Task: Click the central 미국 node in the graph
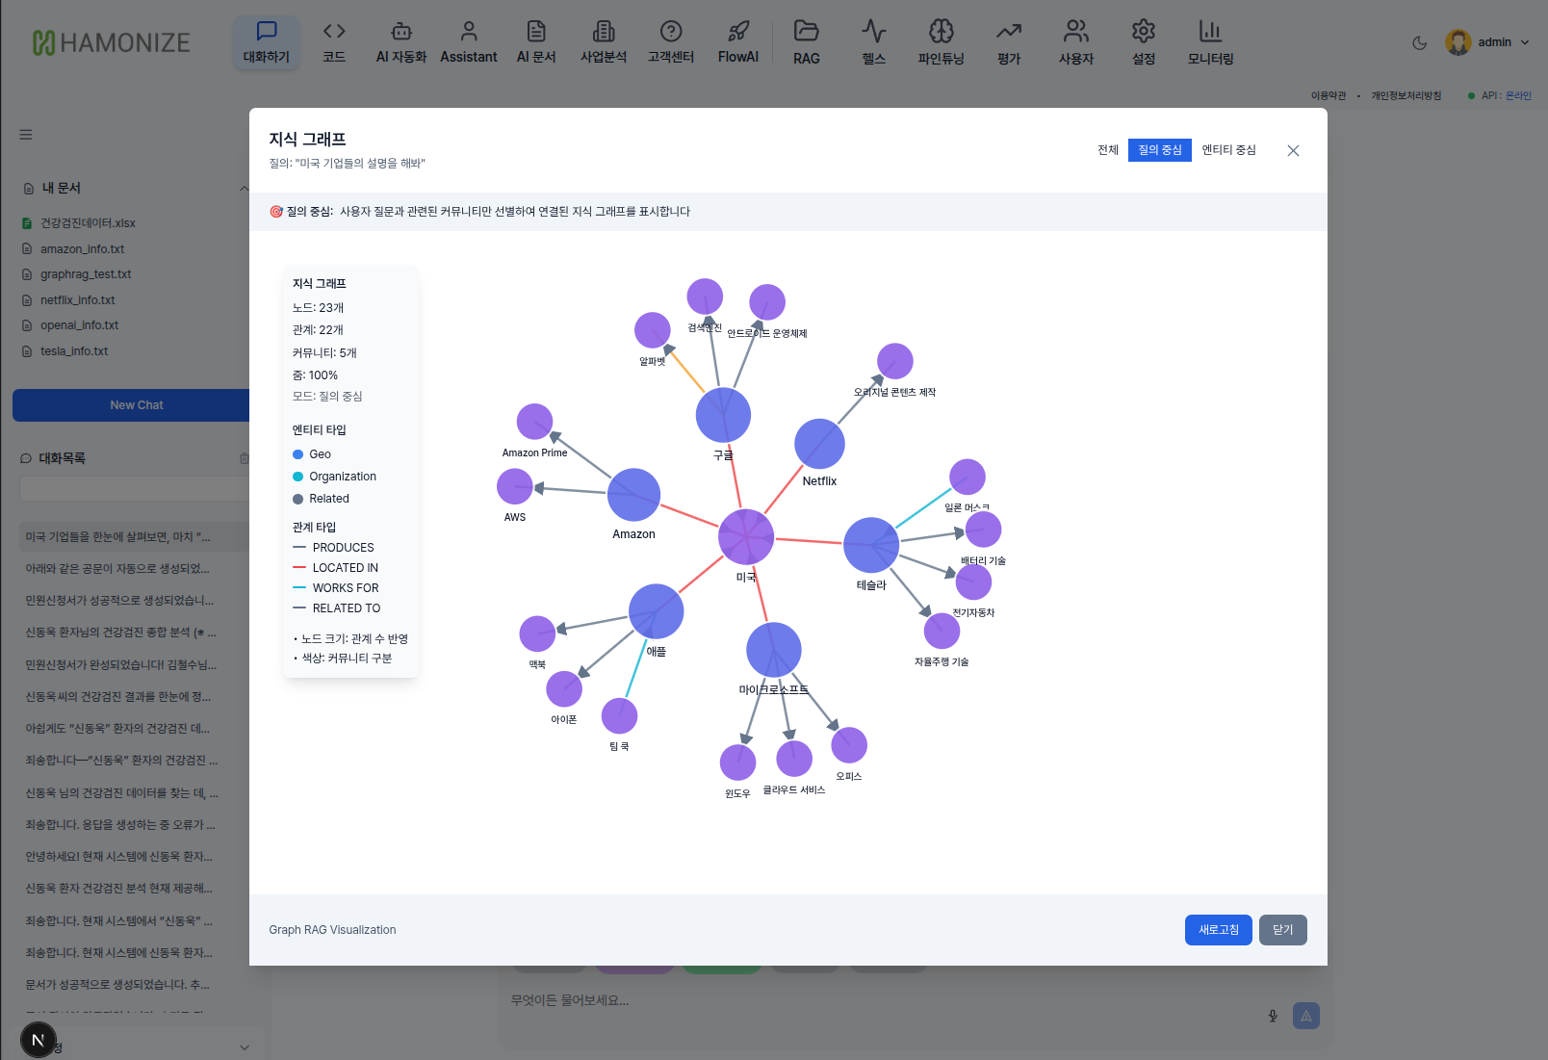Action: [x=746, y=536]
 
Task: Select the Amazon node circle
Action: [x=633, y=495]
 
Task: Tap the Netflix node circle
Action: [x=819, y=444]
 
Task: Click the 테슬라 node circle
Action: [x=871, y=545]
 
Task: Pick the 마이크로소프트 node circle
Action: [x=774, y=650]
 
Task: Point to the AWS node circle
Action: [x=515, y=486]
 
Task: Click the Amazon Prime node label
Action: [x=534, y=452]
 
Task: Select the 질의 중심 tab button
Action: [x=1159, y=150]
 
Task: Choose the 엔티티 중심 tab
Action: [x=1228, y=150]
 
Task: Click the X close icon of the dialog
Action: [x=1293, y=150]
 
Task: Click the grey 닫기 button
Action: [x=1282, y=930]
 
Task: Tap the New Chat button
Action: [x=136, y=405]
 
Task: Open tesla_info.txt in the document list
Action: [x=74, y=351]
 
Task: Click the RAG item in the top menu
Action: [x=807, y=43]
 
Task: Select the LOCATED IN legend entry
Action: [x=345, y=568]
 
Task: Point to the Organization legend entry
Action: [x=342, y=477]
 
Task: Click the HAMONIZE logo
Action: [x=112, y=42]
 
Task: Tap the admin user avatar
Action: [x=1458, y=42]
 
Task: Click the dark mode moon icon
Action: [x=1419, y=42]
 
